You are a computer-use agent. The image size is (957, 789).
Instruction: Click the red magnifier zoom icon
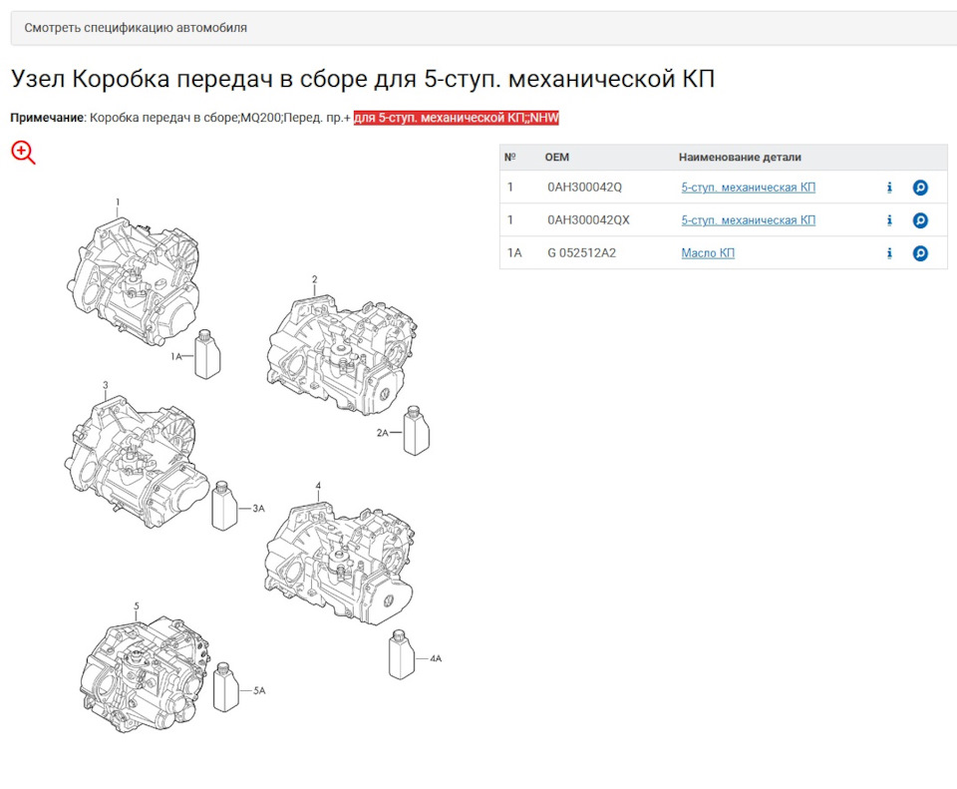click(x=23, y=153)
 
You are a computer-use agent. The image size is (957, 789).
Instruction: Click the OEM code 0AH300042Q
click(x=584, y=188)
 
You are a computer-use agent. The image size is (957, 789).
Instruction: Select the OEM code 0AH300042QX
click(x=588, y=220)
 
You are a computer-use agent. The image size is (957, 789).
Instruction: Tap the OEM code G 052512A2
click(x=581, y=253)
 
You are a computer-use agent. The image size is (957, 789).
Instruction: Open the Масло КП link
click(x=708, y=253)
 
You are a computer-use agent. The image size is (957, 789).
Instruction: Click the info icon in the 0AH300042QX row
click(x=889, y=220)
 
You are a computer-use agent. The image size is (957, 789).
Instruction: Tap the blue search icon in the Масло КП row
click(x=920, y=253)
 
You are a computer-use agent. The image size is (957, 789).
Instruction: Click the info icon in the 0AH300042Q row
click(x=889, y=188)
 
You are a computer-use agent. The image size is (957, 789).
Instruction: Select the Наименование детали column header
click(x=740, y=157)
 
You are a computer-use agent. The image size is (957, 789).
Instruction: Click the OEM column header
click(x=556, y=157)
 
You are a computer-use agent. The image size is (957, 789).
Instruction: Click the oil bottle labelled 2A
click(x=417, y=431)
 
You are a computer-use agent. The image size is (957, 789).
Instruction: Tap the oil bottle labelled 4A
click(x=402, y=654)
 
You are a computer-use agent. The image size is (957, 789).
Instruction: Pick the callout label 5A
click(x=259, y=690)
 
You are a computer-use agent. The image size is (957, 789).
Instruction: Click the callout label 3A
click(x=259, y=508)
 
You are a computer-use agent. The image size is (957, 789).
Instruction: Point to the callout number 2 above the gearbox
click(x=314, y=279)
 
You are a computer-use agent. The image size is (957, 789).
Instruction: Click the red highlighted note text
click(x=456, y=118)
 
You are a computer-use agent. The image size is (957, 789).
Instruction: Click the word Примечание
click(x=47, y=118)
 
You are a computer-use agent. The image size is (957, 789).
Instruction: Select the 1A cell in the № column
click(x=514, y=253)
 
